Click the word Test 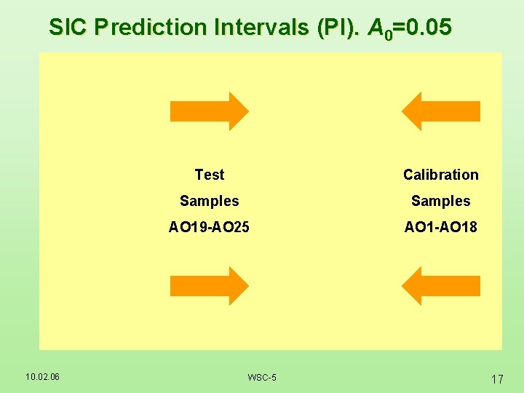coord(210,175)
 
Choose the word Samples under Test coord(210,201)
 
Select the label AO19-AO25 coord(210,227)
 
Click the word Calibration coord(441,175)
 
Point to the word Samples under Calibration coord(441,201)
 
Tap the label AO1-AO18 coord(441,227)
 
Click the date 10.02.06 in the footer coord(42,376)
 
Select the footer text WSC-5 coord(262,377)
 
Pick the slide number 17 coord(498,378)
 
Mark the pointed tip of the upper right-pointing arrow coord(247,111)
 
